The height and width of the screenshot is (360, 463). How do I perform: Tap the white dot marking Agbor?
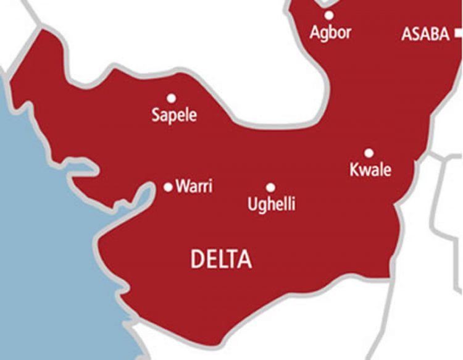point(330,15)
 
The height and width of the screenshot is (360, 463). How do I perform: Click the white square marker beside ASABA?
point(459,34)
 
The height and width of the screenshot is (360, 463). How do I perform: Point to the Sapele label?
point(174,115)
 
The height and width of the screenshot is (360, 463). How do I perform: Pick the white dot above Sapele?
point(171,98)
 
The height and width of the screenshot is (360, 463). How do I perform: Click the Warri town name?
point(194,186)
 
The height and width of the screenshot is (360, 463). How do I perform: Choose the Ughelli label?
point(272,204)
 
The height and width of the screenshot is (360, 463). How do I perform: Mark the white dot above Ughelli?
point(270,187)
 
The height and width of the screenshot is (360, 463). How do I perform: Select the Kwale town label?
point(370,169)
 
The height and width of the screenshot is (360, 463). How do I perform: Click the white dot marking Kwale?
point(369,153)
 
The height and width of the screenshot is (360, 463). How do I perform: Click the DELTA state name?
point(221,259)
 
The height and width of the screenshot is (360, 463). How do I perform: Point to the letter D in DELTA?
point(197,259)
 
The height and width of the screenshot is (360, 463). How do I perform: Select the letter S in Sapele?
point(156,114)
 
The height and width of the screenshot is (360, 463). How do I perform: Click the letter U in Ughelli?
point(252,204)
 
